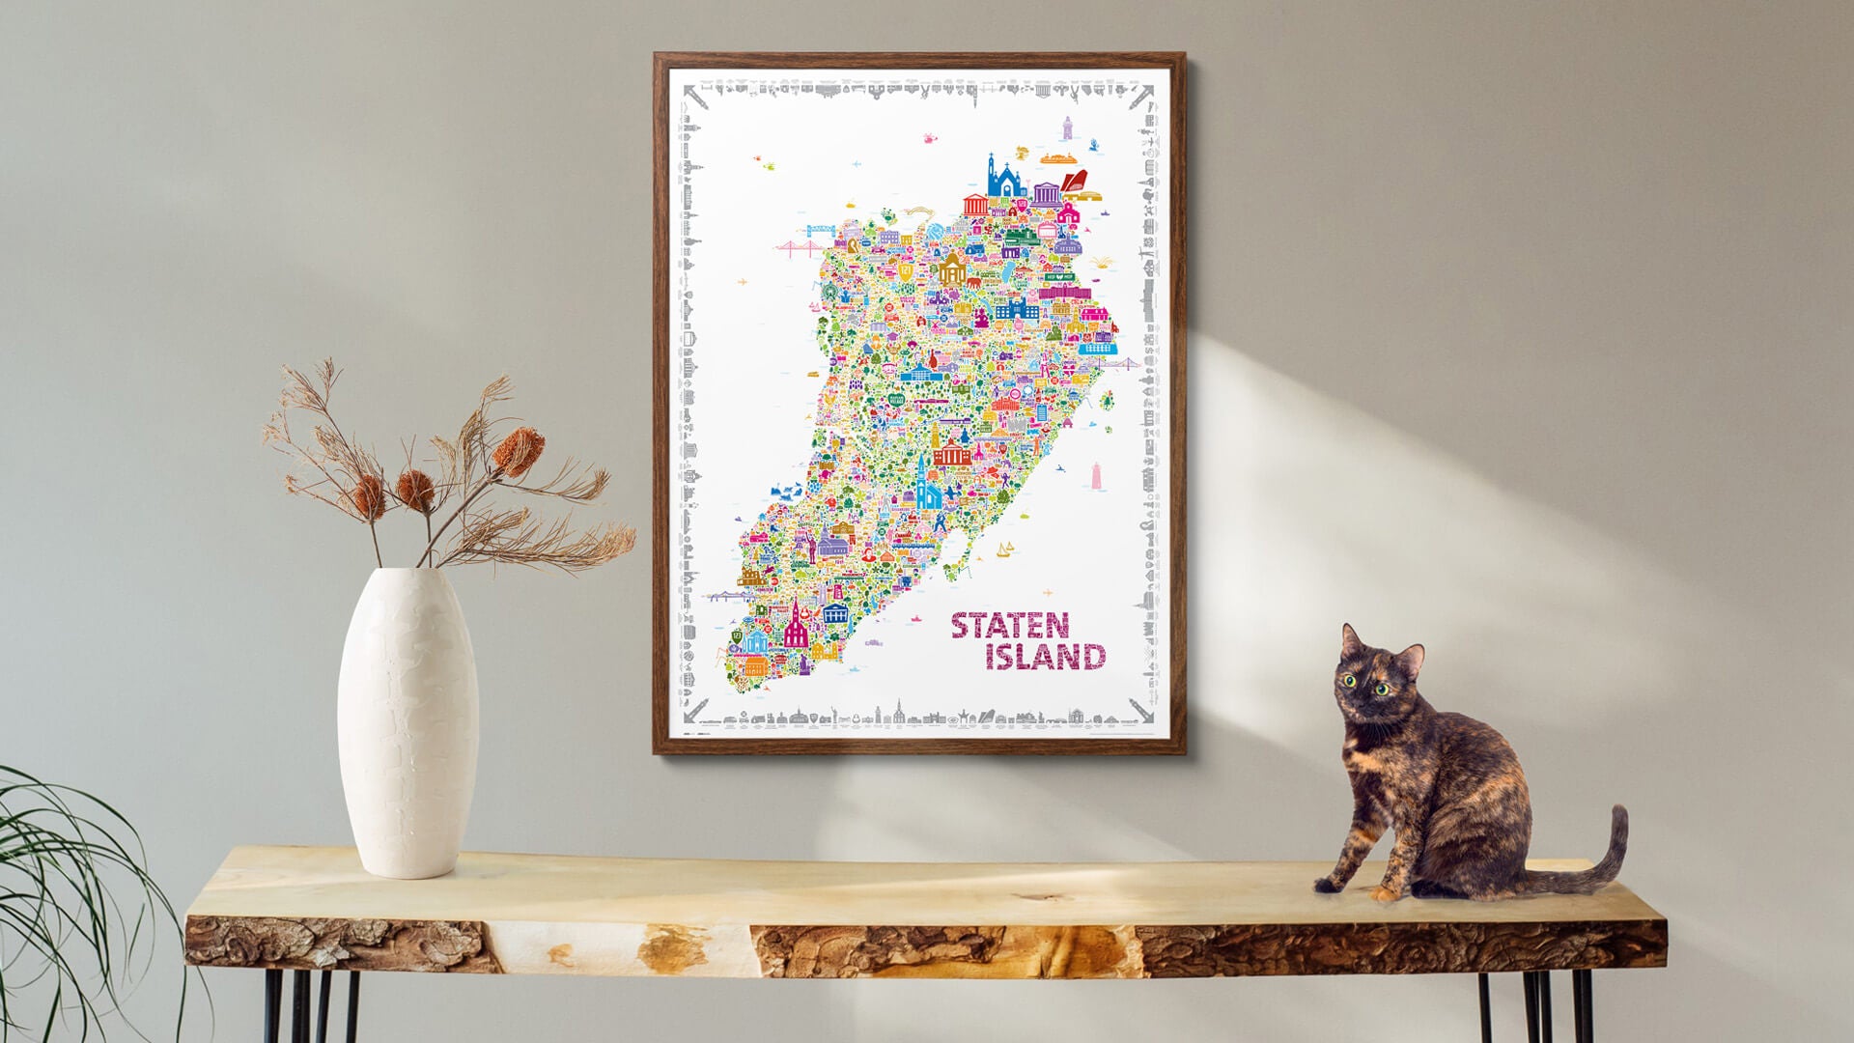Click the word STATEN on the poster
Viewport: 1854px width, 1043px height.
1009,626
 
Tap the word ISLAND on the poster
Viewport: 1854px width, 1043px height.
1045,657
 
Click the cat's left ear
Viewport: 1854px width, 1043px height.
1351,639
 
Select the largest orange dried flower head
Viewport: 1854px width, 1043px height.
519,449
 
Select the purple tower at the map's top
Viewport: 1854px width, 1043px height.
1067,128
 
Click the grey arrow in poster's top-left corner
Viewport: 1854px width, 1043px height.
691,93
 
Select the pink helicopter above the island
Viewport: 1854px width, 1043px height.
931,139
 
